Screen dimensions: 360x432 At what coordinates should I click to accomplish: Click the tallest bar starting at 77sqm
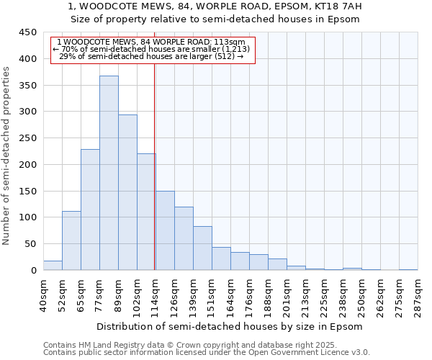(109, 173)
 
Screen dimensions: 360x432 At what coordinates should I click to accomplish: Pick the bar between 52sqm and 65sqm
(71, 240)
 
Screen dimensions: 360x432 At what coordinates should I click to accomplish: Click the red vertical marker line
(155, 166)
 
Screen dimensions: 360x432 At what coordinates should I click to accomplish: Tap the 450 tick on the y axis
(28, 32)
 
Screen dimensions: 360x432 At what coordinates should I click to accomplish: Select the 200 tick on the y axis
(28, 165)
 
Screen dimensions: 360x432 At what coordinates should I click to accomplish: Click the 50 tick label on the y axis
(31, 244)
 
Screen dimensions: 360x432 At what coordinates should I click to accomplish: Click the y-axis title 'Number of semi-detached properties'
(7, 155)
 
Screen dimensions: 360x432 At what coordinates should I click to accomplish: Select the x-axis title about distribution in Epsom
(229, 326)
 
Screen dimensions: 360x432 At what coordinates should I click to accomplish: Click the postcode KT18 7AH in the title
(339, 6)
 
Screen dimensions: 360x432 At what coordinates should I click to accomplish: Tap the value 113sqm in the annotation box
(233, 42)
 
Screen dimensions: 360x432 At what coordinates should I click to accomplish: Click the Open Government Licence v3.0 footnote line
(207, 353)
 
